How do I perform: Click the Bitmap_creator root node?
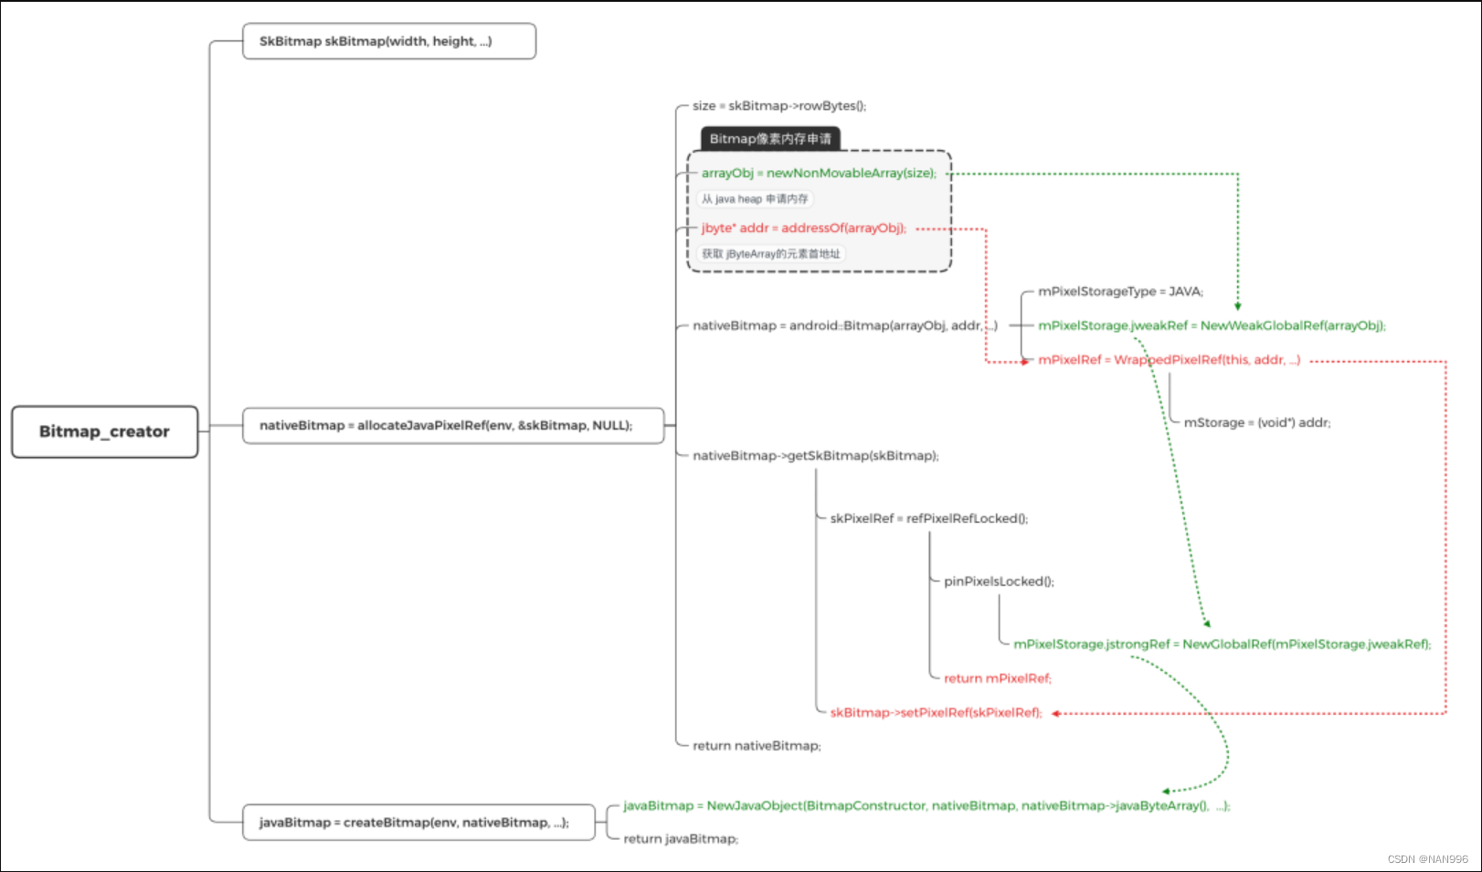click(x=104, y=431)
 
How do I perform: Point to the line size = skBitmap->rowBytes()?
click(x=778, y=106)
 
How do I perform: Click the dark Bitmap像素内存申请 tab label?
click(x=770, y=139)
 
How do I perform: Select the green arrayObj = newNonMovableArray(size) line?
click(x=818, y=173)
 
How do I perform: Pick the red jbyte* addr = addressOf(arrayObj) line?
click(x=803, y=228)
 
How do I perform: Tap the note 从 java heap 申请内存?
click(x=754, y=199)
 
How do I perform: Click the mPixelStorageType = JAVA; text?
click(x=1120, y=292)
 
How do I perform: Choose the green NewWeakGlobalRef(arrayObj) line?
click(x=1212, y=325)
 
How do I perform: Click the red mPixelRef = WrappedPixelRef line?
click(x=1168, y=360)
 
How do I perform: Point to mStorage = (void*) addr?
click(x=1256, y=422)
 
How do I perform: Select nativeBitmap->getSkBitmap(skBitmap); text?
click(x=815, y=455)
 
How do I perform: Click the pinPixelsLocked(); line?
click(x=999, y=581)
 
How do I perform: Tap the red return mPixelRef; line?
click(x=997, y=678)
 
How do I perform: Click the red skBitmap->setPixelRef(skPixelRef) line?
click(x=935, y=713)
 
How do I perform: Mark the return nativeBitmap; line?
click(x=757, y=746)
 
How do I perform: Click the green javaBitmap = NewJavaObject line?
click(x=926, y=805)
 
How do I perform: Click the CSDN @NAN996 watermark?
click(x=1427, y=859)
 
